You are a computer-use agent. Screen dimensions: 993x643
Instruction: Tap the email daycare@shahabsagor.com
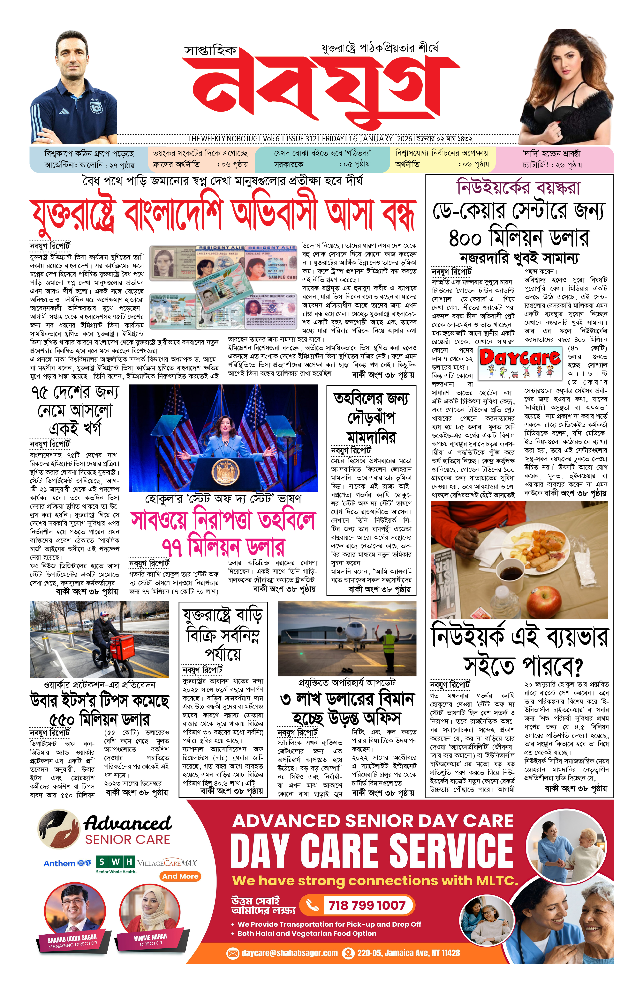(x=289, y=953)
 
